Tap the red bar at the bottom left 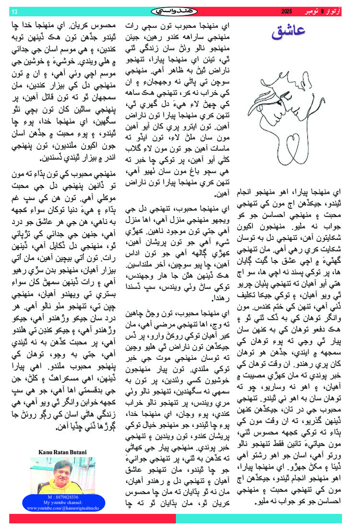click(91, 519)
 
